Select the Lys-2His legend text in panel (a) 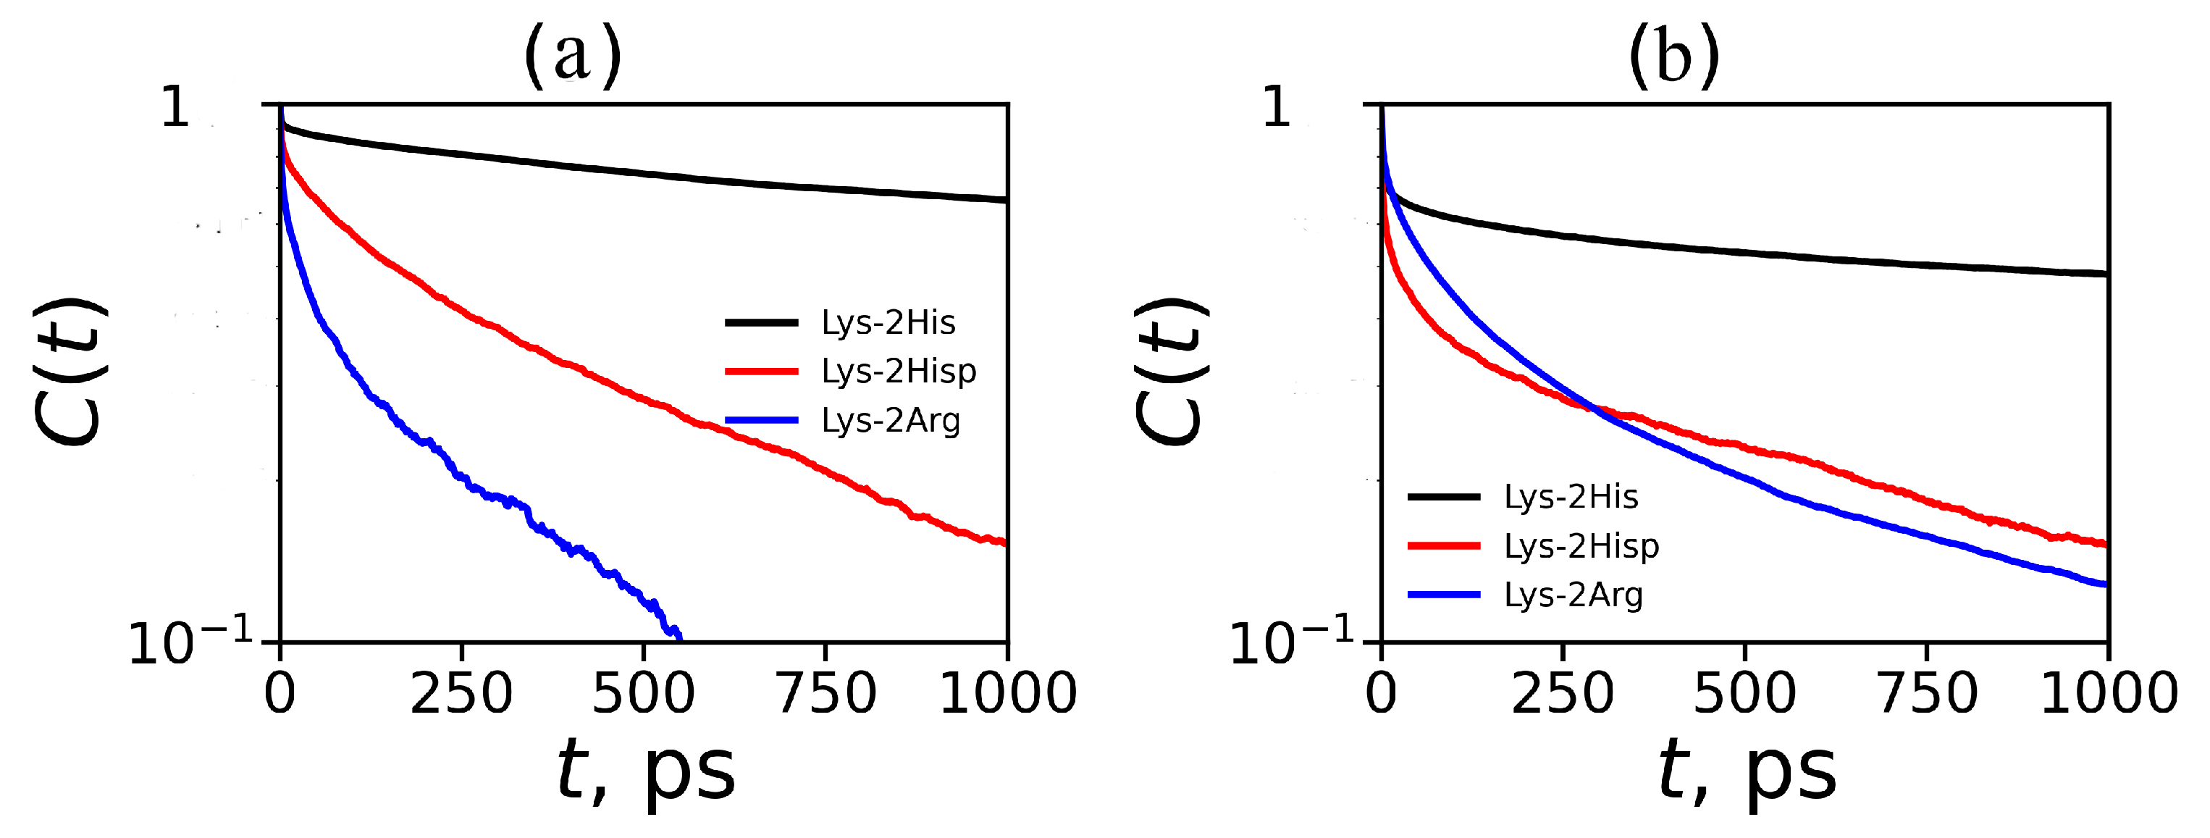click(x=888, y=322)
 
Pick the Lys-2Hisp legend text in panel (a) click(x=898, y=372)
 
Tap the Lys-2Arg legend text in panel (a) click(x=891, y=420)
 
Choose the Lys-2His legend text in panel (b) click(x=1571, y=497)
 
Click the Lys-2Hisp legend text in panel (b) click(x=1581, y=545)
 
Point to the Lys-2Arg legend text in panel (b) click(x=1574, y=595)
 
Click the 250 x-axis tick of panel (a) click(x=461, y=693)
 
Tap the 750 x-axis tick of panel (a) click(x=826, y=693)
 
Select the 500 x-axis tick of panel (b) click(x=1744, y=693)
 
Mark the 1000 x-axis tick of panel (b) click(x=2109, y=693)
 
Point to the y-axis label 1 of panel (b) click(x=1277, y=108)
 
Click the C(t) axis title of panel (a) click(x=70, y=372)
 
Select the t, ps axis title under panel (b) click(x=1747, y=769)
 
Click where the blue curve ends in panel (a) click(x=679, y=638)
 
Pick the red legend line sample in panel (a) click(x=762, y=372)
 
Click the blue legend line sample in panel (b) click(x=1444, y=595)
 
